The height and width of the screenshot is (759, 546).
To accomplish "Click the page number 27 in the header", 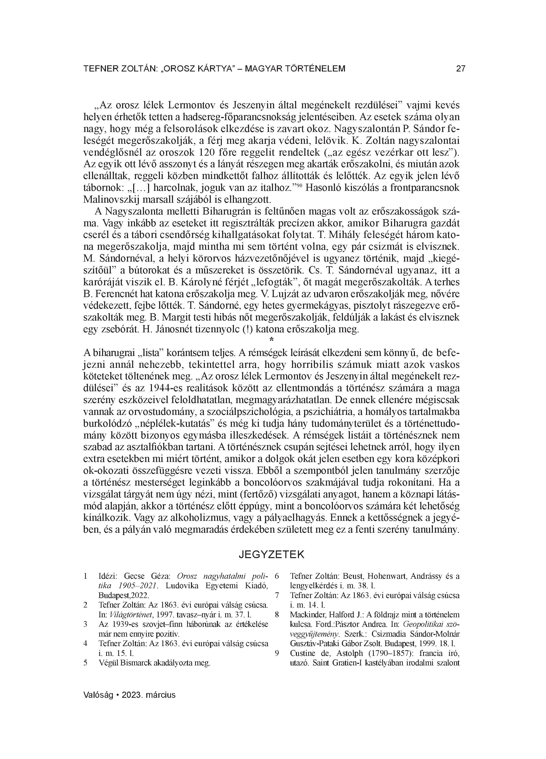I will point(460,69).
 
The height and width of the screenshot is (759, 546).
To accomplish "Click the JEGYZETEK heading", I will point(272,555).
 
